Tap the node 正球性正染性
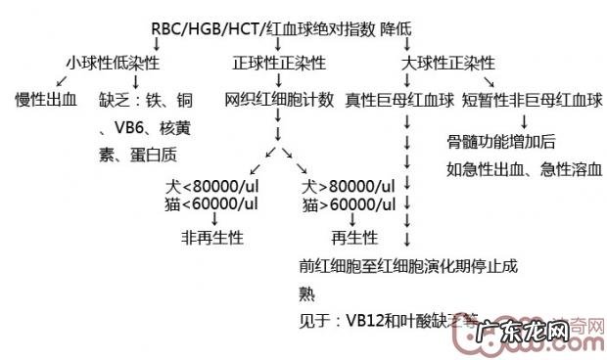pos(279,64)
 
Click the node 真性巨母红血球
pos(399,99)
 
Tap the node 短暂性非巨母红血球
pos(532,99)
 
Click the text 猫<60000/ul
pos(212,203)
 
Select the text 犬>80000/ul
pos(349,186)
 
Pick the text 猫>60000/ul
pos(348,203)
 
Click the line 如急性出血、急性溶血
pos(523,168)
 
